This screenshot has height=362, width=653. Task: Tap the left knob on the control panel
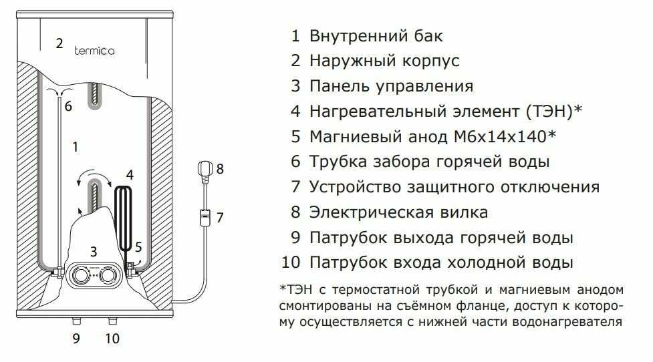[81, 274]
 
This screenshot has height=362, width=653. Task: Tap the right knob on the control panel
[112, 274]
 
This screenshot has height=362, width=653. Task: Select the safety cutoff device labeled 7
[205, 216]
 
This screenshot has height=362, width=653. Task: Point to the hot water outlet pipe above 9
[76, 319]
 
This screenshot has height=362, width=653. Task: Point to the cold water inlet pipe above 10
[111, 319]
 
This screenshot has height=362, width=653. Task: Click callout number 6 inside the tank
[68, 106]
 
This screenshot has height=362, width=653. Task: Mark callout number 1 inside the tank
[75, 145]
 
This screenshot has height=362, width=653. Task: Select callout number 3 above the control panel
[94, 251]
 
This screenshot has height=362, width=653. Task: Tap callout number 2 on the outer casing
[59, 43]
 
